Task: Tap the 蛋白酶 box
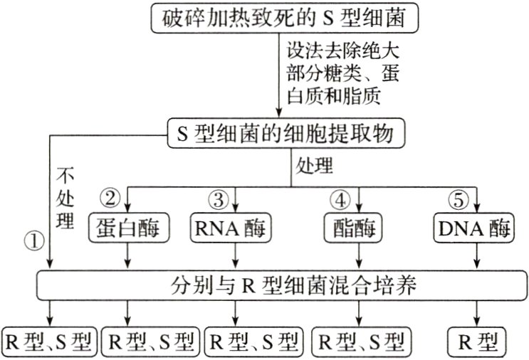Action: point(127,229)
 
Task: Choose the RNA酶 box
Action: point(234,229)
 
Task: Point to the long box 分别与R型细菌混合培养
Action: point(283,285)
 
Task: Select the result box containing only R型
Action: point(476,340)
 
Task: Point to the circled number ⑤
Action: point(458,197)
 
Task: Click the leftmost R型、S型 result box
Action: point(48,340)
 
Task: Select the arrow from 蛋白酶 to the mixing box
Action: point(127,255)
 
